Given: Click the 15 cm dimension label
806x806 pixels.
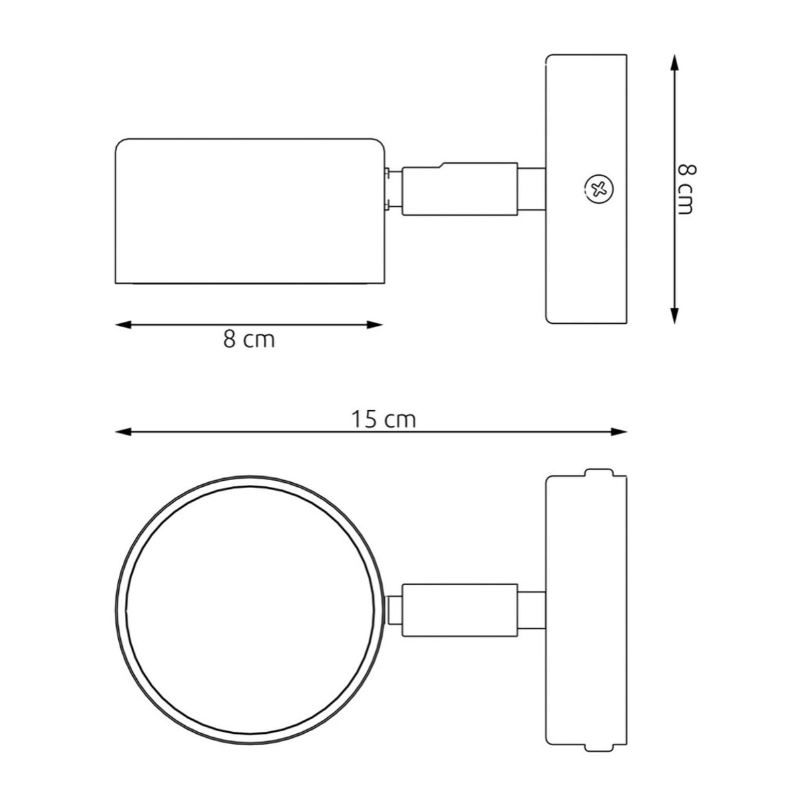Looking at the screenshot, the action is point(383,420).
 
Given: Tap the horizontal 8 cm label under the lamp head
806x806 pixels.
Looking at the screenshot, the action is point(249,339).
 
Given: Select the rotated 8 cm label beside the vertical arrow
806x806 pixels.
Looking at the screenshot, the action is point(686,189).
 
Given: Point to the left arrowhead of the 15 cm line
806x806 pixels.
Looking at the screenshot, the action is point(123,432).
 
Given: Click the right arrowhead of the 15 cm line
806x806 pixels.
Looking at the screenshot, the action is point(618,432).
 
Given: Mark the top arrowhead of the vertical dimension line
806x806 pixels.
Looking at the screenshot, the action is point(674,62).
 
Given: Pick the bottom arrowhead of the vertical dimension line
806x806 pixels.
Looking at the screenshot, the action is point(674,315).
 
